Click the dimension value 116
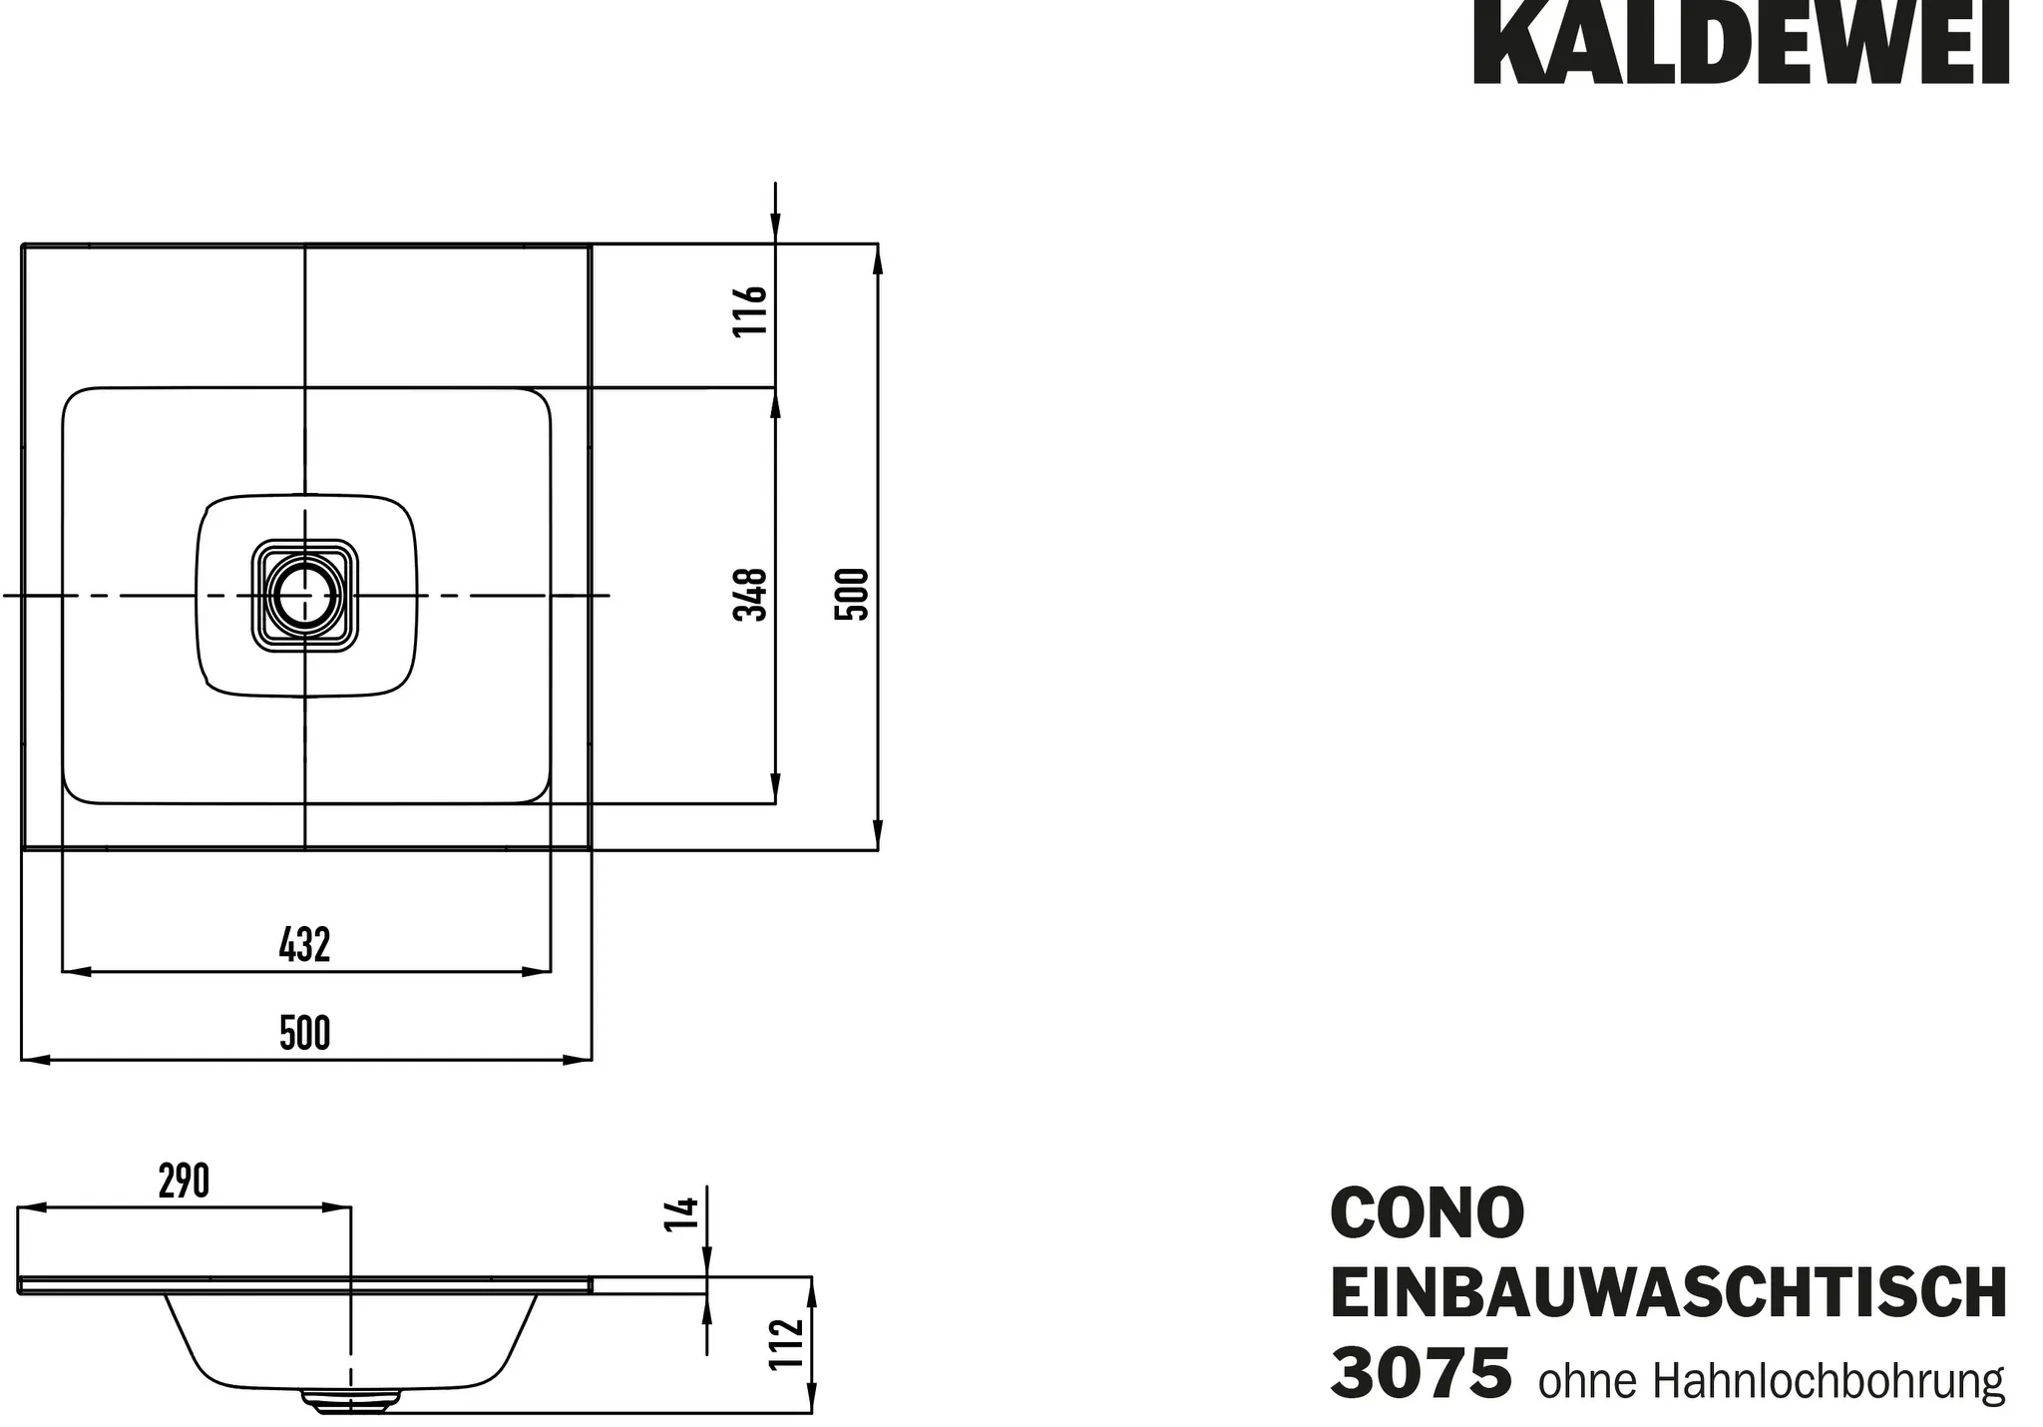tap(750, 310)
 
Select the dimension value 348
tap(750, 594)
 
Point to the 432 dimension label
tap(304, 945)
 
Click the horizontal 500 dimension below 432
tap(304, 1034)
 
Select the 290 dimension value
tap(185, 1182)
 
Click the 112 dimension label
tap(787, 1344)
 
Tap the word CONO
tap(1427, 1212)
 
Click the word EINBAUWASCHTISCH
tap(1668, 1293)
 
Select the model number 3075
tap(1421, 1374)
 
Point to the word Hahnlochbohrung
tap(1829, 1382)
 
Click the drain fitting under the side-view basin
tap(349, 1402)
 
